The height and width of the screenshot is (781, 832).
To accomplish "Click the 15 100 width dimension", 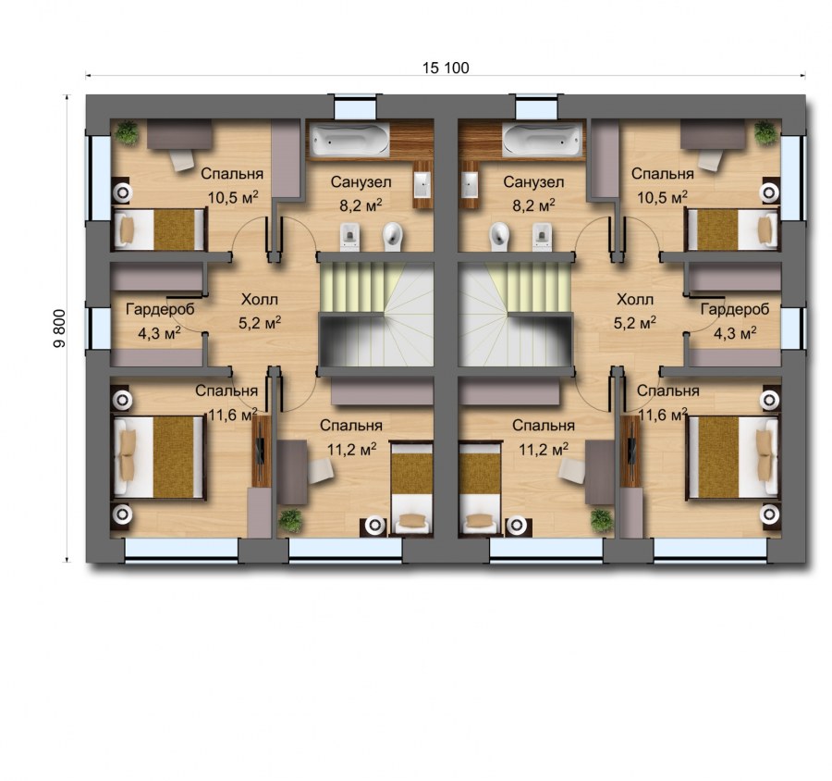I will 447,68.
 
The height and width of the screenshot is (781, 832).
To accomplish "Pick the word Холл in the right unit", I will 634,300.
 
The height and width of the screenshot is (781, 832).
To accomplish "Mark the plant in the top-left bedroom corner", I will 128,133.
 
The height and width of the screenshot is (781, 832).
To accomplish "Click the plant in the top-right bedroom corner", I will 764,131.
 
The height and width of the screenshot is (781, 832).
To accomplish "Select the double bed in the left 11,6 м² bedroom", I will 159,459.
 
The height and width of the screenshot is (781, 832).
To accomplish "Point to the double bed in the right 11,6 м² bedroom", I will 730,459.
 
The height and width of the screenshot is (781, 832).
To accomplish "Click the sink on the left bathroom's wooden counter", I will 423,181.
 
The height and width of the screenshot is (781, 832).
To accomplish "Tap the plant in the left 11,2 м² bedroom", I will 291,519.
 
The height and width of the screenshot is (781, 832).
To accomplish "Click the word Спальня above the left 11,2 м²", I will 351,426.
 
